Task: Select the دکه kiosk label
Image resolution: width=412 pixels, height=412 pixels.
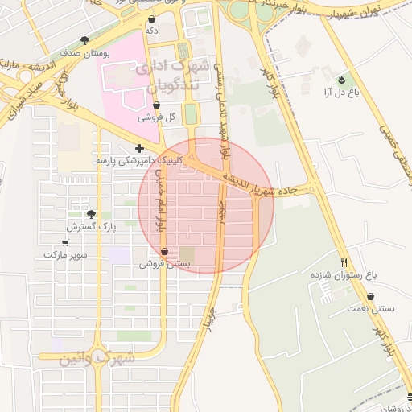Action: click(152, 30)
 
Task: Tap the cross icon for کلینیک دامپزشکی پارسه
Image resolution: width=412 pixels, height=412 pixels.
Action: click(141, 148)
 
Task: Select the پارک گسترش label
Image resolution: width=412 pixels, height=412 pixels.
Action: click(91, 227)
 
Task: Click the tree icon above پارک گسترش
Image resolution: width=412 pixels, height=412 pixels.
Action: click(90, 215)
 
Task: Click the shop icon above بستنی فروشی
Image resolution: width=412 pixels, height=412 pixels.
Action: click(164, 251)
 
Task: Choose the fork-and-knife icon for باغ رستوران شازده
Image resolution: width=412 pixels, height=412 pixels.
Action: click(344, 262)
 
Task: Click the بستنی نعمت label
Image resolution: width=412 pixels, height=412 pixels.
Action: click(359, 308)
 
